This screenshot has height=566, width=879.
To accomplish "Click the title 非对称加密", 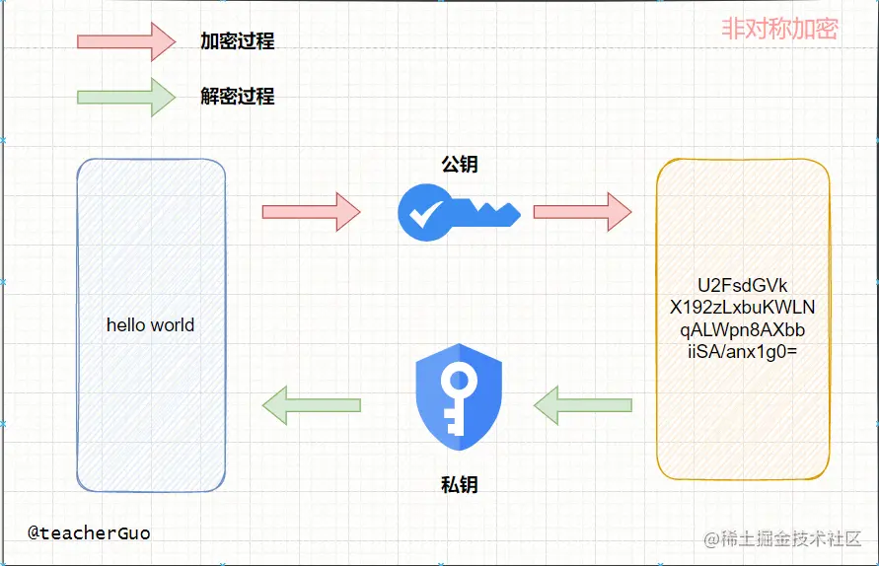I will [779, 29].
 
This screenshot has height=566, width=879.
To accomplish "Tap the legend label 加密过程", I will [237, 41].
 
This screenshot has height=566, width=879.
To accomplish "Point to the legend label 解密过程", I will [237, 97].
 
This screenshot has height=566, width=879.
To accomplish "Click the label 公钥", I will [459, 165].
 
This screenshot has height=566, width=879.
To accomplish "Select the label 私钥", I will [459, 484].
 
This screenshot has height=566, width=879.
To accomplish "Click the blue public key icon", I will [458, 212].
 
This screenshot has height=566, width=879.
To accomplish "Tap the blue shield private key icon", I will [459, 390].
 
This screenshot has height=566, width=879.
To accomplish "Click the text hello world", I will [150, 324].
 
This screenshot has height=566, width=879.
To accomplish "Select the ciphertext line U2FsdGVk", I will [742, 286].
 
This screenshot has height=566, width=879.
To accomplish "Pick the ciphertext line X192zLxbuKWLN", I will [742, 308].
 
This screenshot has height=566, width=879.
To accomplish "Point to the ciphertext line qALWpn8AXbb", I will [742, 329].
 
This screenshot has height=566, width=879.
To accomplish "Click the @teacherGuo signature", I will [89, 533].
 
